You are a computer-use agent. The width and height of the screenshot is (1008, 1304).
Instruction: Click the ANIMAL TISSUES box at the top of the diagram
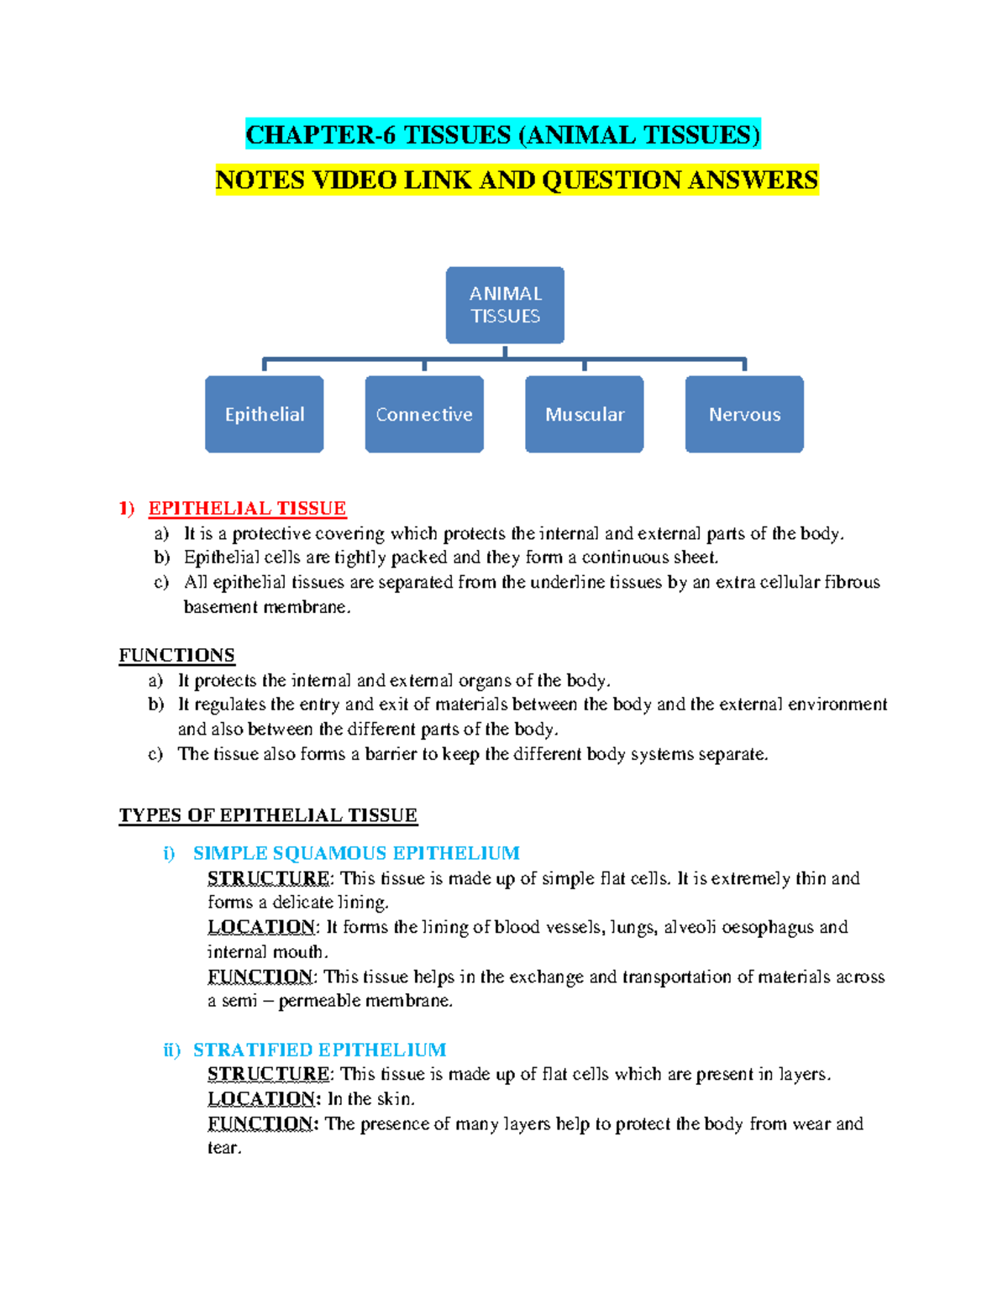pyautogui.click(x=505, y=305)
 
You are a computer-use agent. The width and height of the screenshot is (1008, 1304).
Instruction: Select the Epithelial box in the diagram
pyautogui.click(x=265, y=414)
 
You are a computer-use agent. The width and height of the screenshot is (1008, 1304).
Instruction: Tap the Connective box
pyautogui.click(x=424, y=414)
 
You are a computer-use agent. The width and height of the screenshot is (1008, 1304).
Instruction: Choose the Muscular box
pyautogui.click(x=585, y=414)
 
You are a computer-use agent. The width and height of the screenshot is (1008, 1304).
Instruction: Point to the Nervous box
pyautogui.click(x=744, y=414)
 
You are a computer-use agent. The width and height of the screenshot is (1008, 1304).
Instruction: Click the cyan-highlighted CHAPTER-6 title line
pyautogui.click(x=502, y=134)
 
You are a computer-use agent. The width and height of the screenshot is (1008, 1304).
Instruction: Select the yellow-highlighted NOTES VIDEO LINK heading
pyautogui.click(x=517, y=180)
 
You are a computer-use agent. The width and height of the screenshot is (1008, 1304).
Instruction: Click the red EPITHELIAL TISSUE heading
pyautogui.click(x=247, y=508)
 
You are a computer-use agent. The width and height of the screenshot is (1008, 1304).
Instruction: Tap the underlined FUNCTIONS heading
pyautogui.click(x=176, y=655)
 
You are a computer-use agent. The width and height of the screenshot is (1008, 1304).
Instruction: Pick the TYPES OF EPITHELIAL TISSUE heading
pyautogui.click(x=268, y=815)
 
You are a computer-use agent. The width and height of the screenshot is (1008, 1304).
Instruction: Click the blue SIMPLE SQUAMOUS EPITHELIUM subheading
pyautogui.click(x=356, y=853)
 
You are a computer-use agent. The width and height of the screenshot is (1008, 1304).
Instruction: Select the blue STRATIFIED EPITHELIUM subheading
pyautogui.click(x=319, y=1050)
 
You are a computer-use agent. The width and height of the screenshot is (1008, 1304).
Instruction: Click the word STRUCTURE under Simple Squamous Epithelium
pyautogui.click(x=269, y=878)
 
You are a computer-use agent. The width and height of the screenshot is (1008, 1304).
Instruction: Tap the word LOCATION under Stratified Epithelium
pyautogui.click(x=261, y=1098)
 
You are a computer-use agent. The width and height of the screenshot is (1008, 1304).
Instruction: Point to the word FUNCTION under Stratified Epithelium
pyautogui.click(x=260, y=1123)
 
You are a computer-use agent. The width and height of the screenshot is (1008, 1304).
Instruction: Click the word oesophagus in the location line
pyautogui.click(x=768, y=927)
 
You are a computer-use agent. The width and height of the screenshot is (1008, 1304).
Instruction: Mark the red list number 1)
pyautogui.click(x=127, y=508)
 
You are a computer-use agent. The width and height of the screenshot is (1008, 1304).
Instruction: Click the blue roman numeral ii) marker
pyautogui.click(x=172, y=1050)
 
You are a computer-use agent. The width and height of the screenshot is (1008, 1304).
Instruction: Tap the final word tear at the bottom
pyautogui.click(x=223, y=1148)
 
